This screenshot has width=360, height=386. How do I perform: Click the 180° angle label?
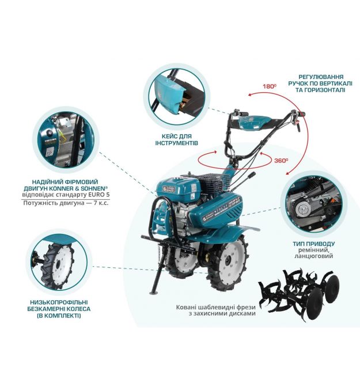coord(270,86)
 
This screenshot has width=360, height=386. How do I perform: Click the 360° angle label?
coord(281,161)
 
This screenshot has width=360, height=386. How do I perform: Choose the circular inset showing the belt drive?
coord(314,205)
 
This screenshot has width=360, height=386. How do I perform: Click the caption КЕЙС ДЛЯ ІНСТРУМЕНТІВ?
coord(176,139)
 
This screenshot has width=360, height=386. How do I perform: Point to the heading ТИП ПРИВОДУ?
coord(314,244)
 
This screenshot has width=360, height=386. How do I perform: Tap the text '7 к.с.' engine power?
coord(101,203)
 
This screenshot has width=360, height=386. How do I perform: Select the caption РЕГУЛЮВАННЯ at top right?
coord(321,77)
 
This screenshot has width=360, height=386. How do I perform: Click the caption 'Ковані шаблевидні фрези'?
coord(215,307)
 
